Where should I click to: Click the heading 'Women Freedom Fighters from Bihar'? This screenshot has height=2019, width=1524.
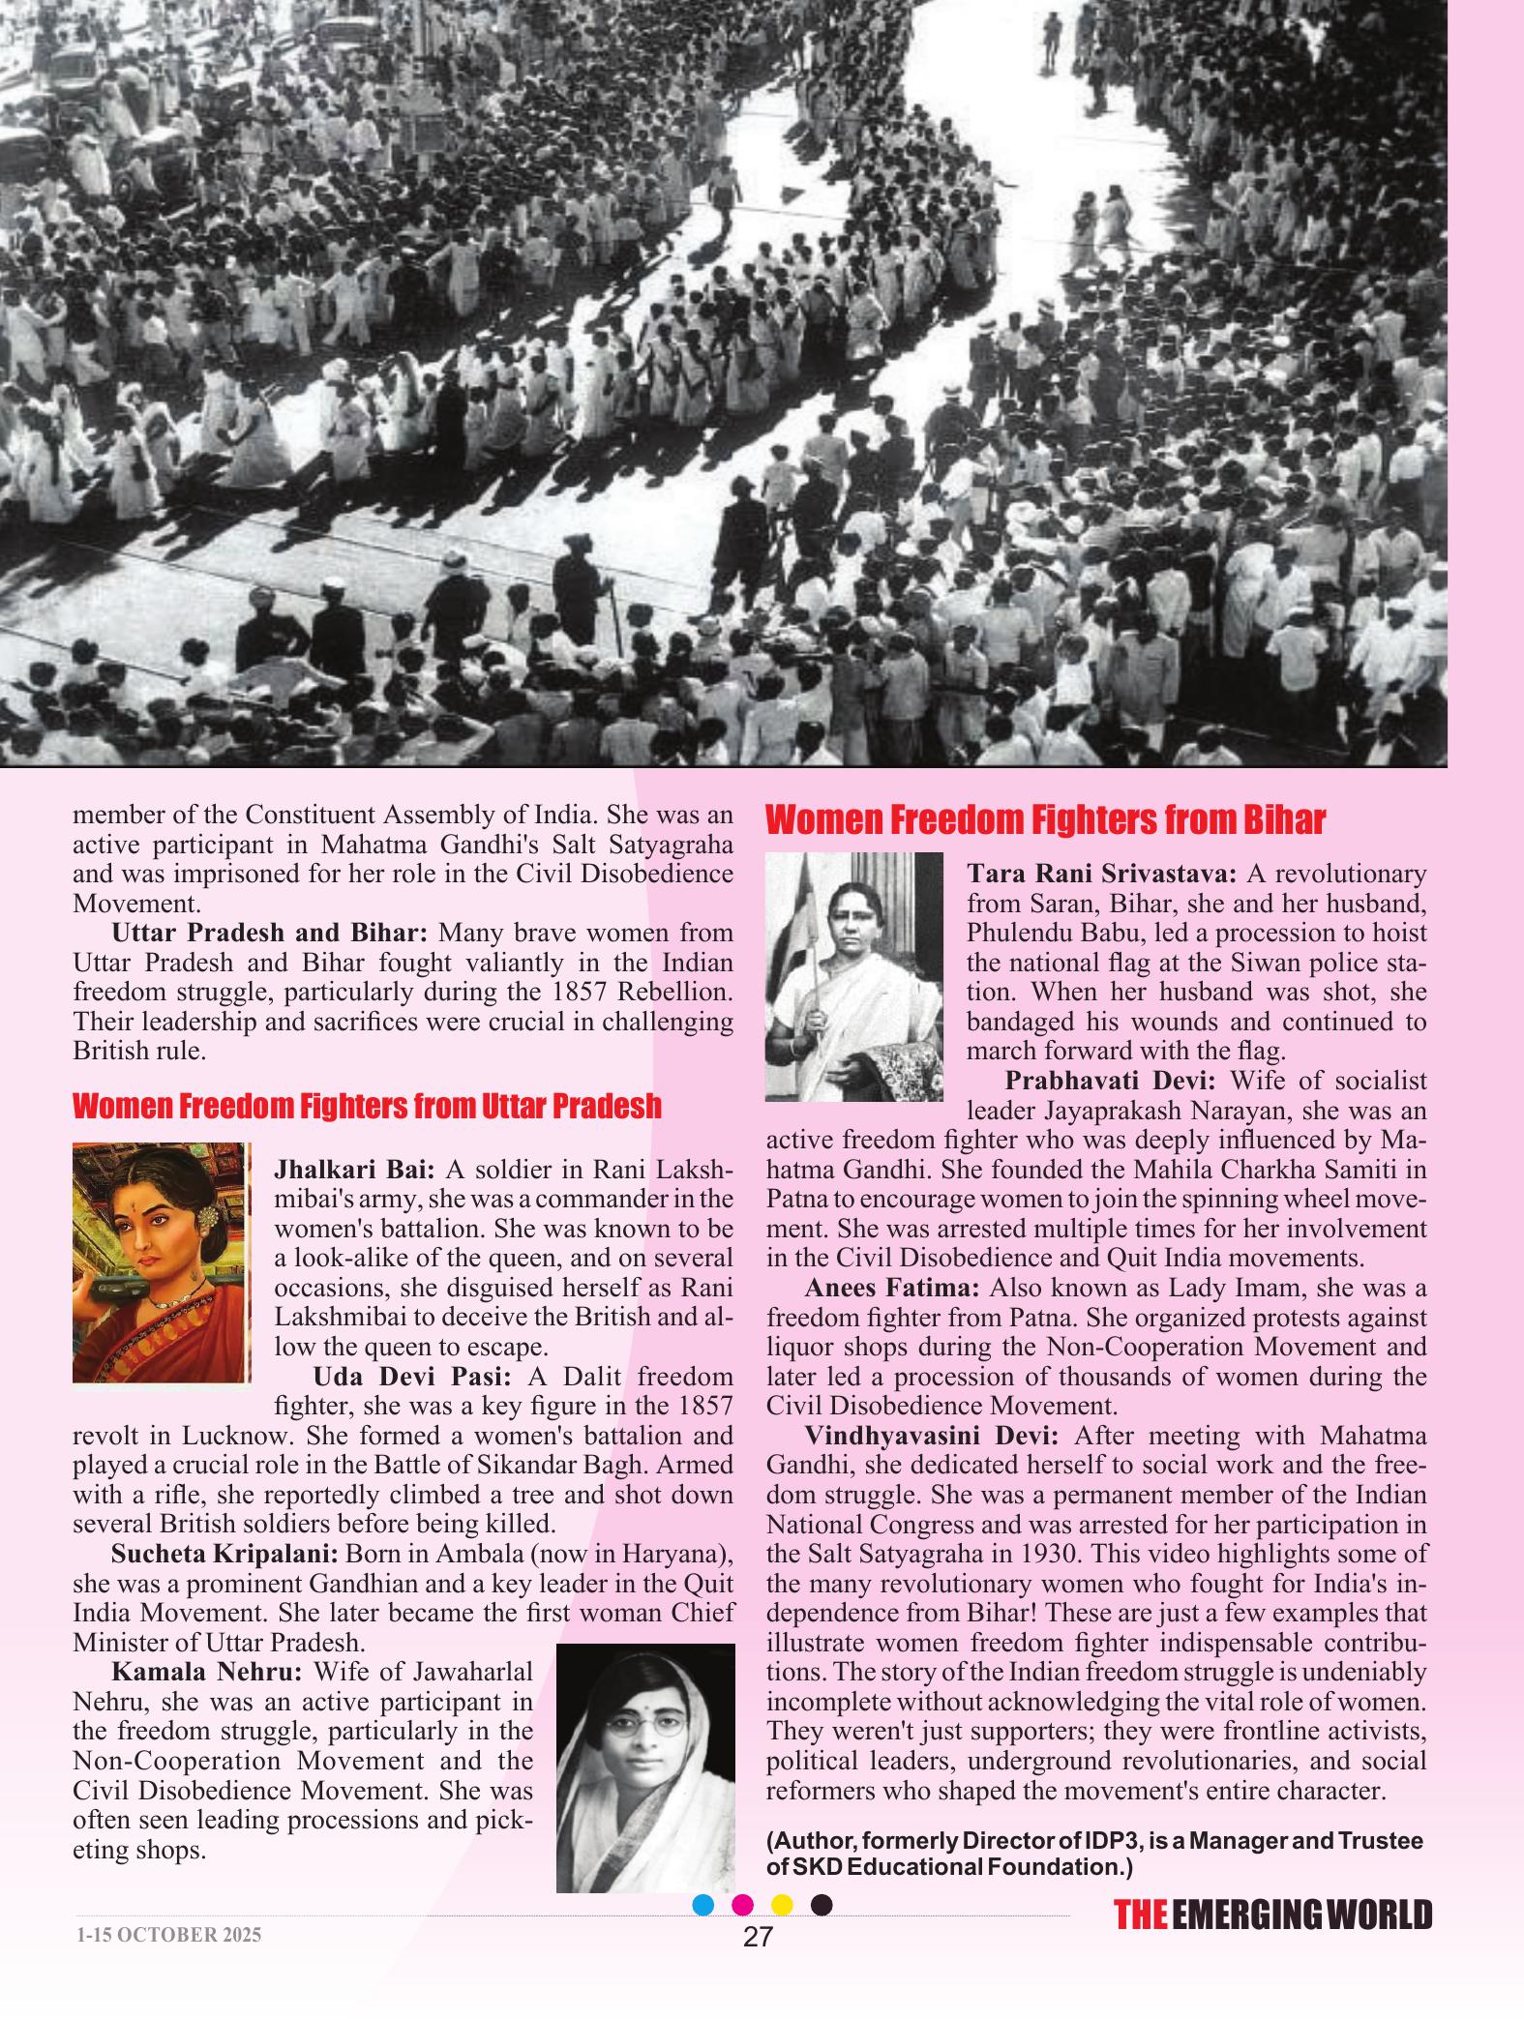tap(1045, 821)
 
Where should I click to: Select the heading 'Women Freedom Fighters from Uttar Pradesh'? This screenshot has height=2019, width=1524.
tap(368, 1106)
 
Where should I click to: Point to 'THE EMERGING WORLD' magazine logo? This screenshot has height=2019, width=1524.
tap(1271, 1915)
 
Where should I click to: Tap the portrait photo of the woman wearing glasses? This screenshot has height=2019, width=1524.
tap(645, 1767)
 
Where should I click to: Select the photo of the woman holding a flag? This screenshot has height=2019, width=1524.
tap(853, 976)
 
